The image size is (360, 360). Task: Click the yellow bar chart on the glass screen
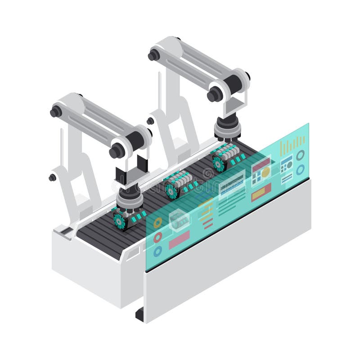click(x=292, y=145)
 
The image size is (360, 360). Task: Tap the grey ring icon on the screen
click(x=300, y=155)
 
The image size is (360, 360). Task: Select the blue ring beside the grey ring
click(x=300, y=169)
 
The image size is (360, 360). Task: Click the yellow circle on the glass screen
click(x=266, y=171)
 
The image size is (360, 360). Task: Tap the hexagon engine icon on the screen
click(x=179, y=221)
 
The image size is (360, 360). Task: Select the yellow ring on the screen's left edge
click(x=157, y=222)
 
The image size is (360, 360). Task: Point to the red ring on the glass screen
click(x=157, y=237)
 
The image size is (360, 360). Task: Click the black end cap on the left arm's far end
click(x=55, y=111)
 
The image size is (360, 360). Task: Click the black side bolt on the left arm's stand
click(x=52, y=177)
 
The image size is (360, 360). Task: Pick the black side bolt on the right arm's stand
click(x=150, y=121)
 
